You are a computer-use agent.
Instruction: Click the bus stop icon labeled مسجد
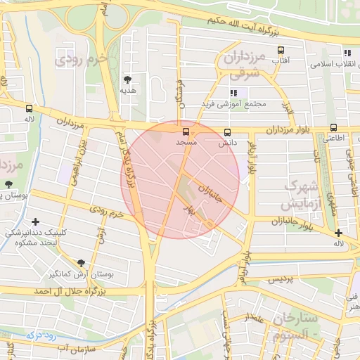(x=186, y=131)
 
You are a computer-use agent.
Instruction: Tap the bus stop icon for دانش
(x=226, y=132)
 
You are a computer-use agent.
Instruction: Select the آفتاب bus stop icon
(x=281, y=51)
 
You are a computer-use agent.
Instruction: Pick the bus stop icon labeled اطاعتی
(x=333, y=128)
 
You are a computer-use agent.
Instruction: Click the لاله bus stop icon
(x=29, y=109)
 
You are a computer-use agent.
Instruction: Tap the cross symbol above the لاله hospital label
(x=339, y=233)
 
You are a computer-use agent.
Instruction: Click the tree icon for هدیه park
(x=127, y=79)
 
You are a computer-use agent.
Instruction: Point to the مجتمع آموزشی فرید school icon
(x=233, y=93)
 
